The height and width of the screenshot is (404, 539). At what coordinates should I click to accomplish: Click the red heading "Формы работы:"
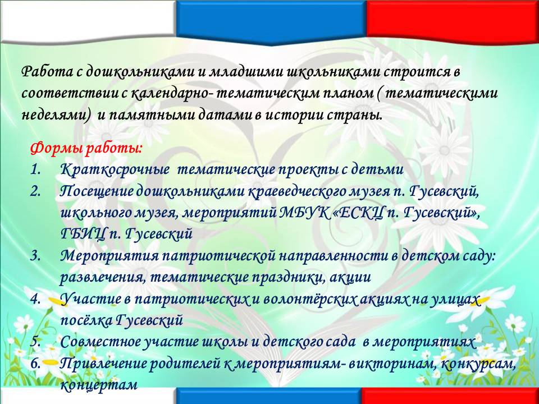point(86,149)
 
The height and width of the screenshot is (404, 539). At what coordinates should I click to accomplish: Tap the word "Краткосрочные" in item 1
point(115,170)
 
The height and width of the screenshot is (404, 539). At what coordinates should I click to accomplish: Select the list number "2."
point(35,191)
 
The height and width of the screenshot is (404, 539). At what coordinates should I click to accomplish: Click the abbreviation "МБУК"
point(304,213)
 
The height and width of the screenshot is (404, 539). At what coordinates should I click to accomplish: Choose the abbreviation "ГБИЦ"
point(83,235)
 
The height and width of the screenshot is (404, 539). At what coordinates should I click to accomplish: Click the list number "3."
point(35,256)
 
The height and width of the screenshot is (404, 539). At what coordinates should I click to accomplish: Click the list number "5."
point(35,342)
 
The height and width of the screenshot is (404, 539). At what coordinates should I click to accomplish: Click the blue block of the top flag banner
point(271,21)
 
